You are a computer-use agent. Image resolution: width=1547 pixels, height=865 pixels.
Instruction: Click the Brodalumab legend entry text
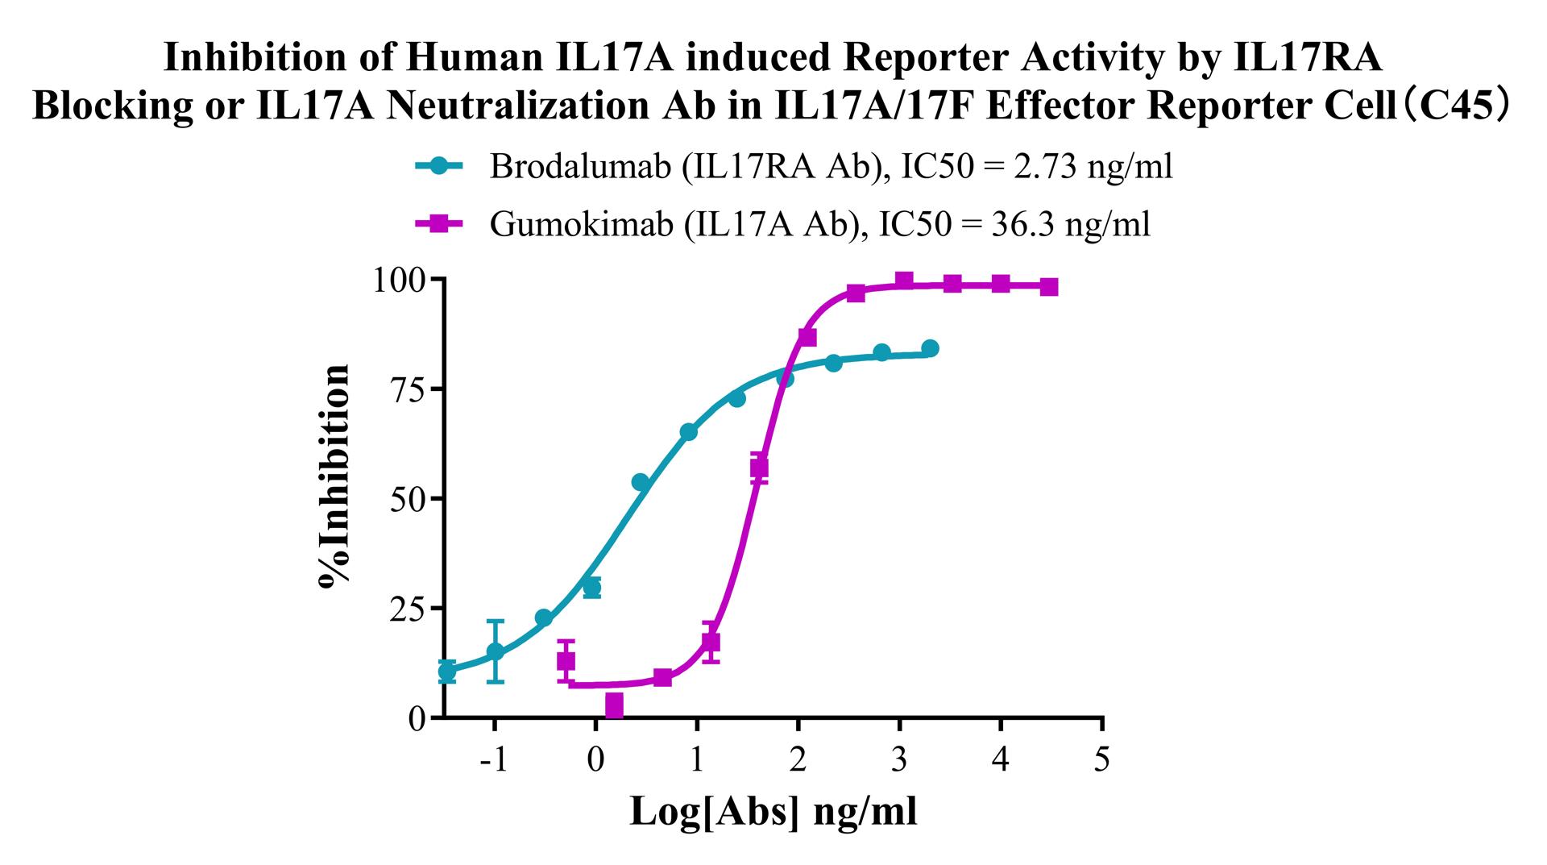[x=831, y=167]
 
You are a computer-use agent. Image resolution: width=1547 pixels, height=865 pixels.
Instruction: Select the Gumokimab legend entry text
[x=819, y=224]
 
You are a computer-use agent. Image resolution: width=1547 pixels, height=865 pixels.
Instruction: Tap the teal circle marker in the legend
[x=439, y=166]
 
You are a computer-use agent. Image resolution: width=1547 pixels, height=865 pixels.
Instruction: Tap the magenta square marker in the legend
[x=439, y=223]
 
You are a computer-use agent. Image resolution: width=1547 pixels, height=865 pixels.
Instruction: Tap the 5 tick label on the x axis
[x=1102, y=759]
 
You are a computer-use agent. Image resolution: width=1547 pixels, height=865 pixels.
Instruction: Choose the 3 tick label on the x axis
[x=899, y=759]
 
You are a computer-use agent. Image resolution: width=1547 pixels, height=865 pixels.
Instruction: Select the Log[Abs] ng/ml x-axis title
[x=773, y=811]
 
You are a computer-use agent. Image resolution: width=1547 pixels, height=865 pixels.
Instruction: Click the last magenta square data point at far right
[x=1048, y=287]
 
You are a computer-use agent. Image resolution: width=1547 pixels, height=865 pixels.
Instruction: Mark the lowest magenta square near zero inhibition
[x=614, y=706]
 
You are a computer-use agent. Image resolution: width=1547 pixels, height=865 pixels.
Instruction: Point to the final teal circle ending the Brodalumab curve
[x=930, y=348]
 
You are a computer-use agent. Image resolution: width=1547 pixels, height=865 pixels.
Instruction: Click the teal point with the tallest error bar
[x=496, y=651]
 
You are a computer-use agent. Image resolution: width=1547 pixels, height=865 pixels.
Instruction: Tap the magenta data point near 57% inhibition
[x=759, y=468]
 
